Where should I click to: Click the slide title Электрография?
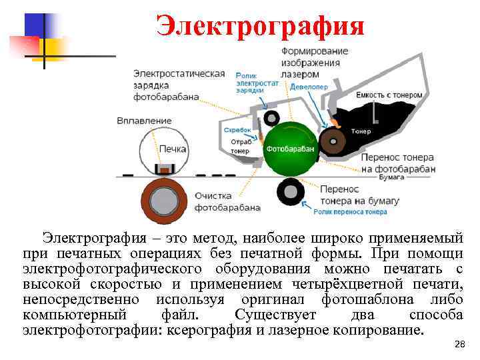pos(261,26)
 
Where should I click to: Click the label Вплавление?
pos(144,121)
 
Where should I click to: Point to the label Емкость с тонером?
pos(389,95)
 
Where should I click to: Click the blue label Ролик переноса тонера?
pos(350,212)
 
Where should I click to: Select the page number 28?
pos(459,345)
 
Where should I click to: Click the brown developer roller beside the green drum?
pos(333,141)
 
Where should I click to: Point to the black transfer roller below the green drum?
pos(291,193)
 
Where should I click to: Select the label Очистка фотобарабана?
pos(227,201)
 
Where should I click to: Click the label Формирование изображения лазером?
pos(311,63)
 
